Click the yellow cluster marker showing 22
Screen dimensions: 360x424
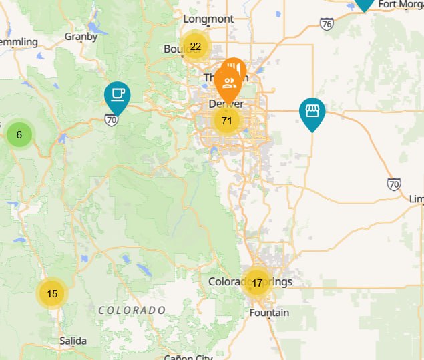tap(195, 47)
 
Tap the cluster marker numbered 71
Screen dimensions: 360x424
tap(226, 121)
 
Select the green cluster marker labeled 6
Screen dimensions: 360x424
tap(19, 135)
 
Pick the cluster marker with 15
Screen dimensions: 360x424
tap(52, 294)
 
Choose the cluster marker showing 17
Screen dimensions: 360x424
tap(256, 283)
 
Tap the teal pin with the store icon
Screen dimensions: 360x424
tap(311, 112)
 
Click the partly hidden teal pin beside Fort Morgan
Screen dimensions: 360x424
tap(364, 4)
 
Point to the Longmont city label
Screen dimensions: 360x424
tap(208, 19)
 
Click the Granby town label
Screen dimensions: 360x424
tap(81, 37)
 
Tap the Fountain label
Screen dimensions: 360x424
tap(269, 313)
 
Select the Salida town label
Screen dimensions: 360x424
tap(73, 341)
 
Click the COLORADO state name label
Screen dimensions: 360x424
tap(132, 311)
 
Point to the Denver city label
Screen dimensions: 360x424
tap(226, 104)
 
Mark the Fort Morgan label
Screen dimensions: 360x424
tap(401, 4)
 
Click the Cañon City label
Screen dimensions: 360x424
tap(188, 357)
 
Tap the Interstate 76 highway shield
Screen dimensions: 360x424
tap(327, 24)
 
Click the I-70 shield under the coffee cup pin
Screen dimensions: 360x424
tap(112, 120)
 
